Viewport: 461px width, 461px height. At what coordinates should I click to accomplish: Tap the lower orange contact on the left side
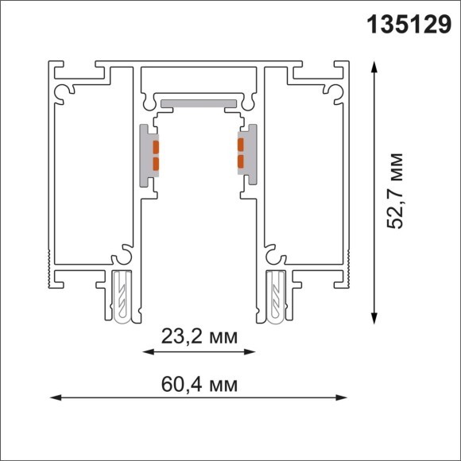(x=156, y=165)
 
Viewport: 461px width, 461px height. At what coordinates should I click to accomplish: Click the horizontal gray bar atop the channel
(x=198, y=103)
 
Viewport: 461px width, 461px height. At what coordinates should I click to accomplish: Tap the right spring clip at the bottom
(x=276, y=296)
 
